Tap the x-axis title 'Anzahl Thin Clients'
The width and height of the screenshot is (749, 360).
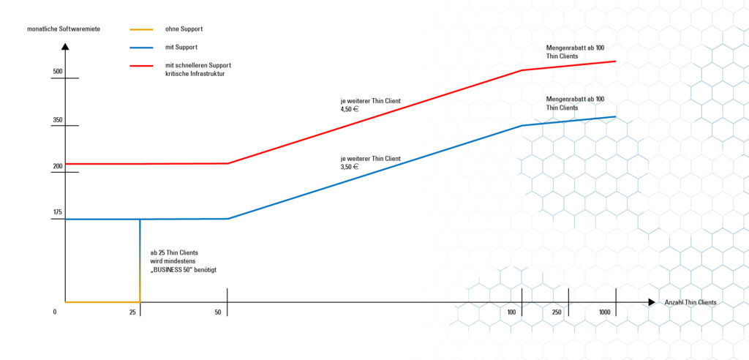pyautogui.click(x=690, y=302)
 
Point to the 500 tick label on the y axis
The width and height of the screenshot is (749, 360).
pyautogui.click(x=58, y=72)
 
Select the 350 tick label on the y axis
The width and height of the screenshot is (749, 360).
pyautogui.click(x=58, y=120)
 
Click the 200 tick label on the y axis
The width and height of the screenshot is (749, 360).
pyautogui.click(x=58, y=166)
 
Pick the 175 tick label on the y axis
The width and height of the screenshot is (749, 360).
pyautogui.click(x=58, y=212)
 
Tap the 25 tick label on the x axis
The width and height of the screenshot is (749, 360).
pyautogui.click(x=133, y=312)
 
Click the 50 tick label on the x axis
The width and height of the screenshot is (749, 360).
pyautogui.click(x=218, y=312)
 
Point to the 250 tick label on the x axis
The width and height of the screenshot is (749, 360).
pyautogui.click(x=557, y=312)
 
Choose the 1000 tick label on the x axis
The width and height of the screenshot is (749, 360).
pyautogui.click(x=605, y=312)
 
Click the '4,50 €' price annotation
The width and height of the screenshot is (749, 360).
pyautogui.click(x=350, y=109)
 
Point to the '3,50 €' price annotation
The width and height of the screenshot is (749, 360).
pyautogui.click(x=350, y=167)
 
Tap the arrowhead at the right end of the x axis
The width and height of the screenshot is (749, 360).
pyautogui.click(x=651, y=301)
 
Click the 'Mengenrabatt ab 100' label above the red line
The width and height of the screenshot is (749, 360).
pyautogui.click(x=575, y=47)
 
